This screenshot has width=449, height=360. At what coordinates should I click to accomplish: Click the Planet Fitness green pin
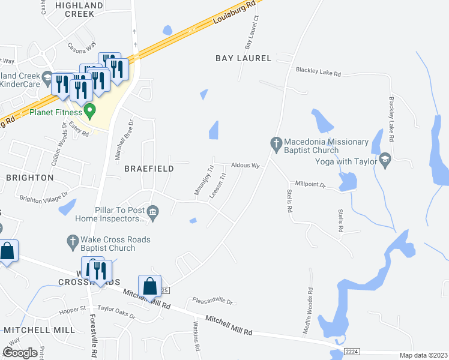point(90,110)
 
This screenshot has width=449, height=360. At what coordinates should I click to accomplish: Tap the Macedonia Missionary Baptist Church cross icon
point(276,143)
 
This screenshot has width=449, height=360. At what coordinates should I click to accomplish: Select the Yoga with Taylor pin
point(385,160)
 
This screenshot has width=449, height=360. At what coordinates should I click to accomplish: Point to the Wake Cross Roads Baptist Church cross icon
point(71,241)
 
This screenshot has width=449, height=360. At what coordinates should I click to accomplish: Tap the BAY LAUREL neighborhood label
point(244,58)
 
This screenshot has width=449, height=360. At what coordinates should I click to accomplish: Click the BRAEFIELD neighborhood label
point(149,169)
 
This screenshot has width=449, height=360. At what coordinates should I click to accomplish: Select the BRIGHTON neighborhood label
point(29,178)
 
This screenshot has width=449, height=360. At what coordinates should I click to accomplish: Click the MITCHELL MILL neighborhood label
point(39,330)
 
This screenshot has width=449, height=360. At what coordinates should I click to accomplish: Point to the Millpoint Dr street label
point(310,185)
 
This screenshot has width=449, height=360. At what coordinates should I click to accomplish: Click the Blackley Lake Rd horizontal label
point(318,71)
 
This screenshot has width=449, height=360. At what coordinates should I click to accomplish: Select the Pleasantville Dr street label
point(212,301)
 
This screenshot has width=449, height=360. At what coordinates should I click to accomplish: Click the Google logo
point(20,353)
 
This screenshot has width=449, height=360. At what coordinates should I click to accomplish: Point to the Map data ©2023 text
point(424,355)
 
